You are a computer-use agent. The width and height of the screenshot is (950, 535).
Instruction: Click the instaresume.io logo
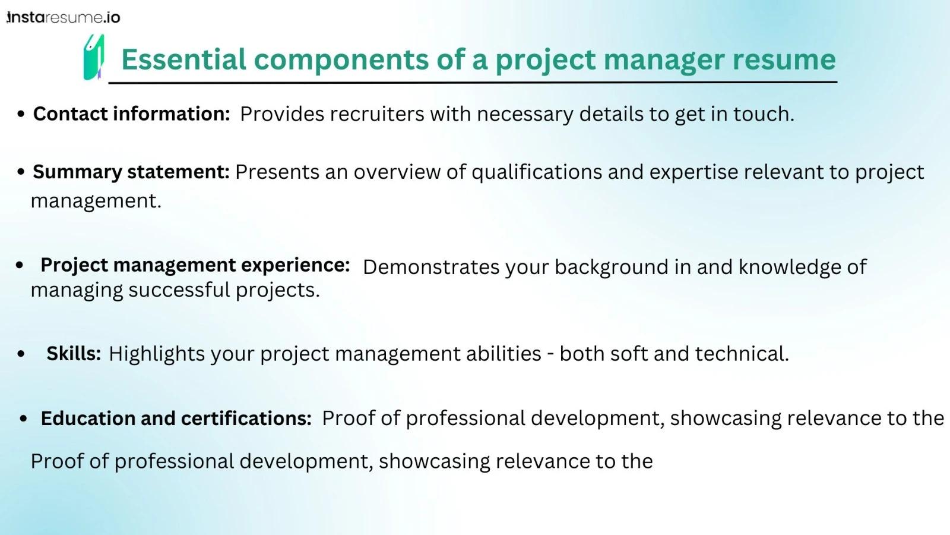pyautogui.click(x=64, y=17)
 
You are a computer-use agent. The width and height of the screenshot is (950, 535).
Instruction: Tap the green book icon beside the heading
pyautogui.click(x=94, y=57)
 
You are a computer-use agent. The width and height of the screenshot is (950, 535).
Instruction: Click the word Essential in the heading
pyautogui.click(x=183, y=59)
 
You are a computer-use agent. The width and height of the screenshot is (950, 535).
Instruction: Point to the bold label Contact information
pyautogui.click(x=131, y=114)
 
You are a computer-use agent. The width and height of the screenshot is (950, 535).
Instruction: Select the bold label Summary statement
pyautogui.click(x=131, y=172)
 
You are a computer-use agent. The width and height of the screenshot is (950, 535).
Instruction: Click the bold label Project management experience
pyautogui.click(x=195, y=265)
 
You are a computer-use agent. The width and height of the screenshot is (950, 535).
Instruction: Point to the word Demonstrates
pyautogui.click(x=431, y=267)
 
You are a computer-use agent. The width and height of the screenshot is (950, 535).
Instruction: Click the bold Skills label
pyautogui.click(x=74, y=353)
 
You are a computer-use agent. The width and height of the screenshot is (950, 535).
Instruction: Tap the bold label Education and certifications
pyautogui.click(x=176, y=418)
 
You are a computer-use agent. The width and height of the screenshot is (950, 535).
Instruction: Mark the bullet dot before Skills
pyautogui.click(x=21, y=354)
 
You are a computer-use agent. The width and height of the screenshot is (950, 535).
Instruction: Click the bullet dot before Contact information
pyautogui.click(x=21, y=114)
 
